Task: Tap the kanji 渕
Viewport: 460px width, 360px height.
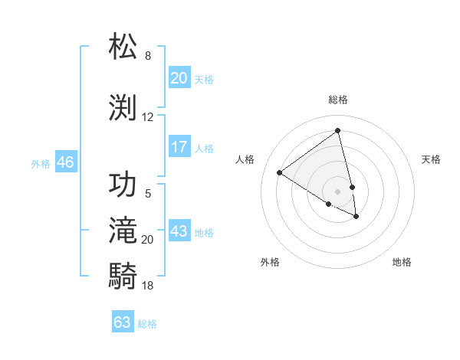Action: (x=123, y=106)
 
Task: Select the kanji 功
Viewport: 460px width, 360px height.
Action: (x=123, y=184)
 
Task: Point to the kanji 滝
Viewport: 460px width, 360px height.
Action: (x=123, y=230)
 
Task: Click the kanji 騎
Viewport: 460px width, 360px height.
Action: (x=123, y=274)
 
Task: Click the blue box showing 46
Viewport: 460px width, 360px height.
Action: (x=65, y=162)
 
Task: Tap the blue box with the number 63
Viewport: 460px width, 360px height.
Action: (x=123, y=322)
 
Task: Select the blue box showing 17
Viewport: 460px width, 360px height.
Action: (x=179, y=147)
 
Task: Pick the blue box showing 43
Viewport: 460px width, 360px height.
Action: (x=179, y=231)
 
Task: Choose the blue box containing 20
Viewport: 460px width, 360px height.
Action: (x=179, y=77)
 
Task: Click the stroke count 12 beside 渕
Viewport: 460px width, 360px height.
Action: (x=148, y=117)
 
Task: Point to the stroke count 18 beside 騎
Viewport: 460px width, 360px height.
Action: (x=148, y=286)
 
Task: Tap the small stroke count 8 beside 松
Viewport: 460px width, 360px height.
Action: (x=148, y=56)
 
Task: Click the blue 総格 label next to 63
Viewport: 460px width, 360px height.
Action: (x=148, y=324)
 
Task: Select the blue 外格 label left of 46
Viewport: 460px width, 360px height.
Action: (x=41, y=163)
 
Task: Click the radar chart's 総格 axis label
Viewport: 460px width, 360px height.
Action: (x=338, y=100)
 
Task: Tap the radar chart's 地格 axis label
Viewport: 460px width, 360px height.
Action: (x=402, y=262)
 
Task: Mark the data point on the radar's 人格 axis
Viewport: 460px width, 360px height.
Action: (x=280, y=173)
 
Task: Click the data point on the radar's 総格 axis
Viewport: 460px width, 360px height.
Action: (x=338, y=129)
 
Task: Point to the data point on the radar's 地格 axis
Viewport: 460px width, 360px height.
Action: (x=356, y=217)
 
